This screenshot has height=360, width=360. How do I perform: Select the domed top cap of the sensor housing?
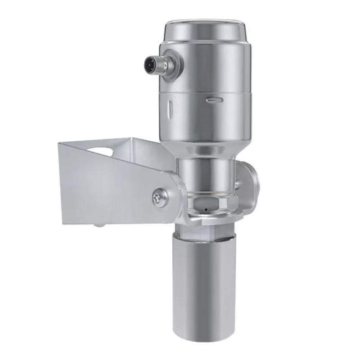click(x=204, y=28)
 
